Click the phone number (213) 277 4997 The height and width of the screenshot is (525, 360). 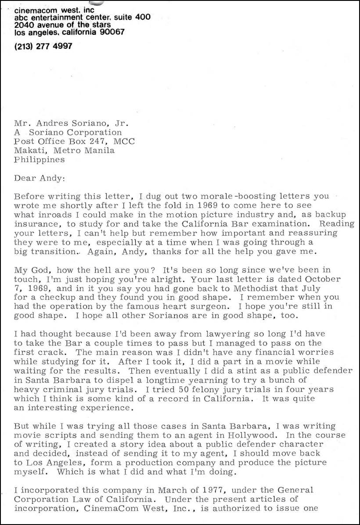click(x=43, y=46)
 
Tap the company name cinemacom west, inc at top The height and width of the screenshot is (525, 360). click(x=54, y=10)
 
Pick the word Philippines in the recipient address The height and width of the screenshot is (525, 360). click(x=40, y=160)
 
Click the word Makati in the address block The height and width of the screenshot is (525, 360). click(x=29, y=151)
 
